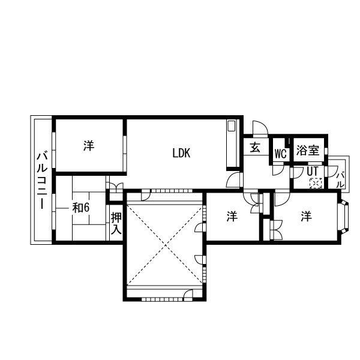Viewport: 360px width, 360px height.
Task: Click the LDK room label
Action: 181,153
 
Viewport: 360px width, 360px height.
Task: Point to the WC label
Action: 280,153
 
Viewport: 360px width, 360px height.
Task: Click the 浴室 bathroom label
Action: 308,151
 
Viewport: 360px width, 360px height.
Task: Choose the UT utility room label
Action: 312,171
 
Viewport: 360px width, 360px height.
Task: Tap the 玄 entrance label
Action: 255,147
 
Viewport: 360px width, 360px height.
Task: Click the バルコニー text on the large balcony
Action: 42,180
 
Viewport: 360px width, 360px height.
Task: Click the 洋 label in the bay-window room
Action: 307,216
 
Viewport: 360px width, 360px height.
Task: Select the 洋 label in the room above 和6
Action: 89,146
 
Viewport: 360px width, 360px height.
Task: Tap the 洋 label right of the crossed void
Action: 232,217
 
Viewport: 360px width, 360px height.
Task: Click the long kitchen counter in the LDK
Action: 232,144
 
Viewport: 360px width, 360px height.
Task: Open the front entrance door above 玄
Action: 260,128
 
